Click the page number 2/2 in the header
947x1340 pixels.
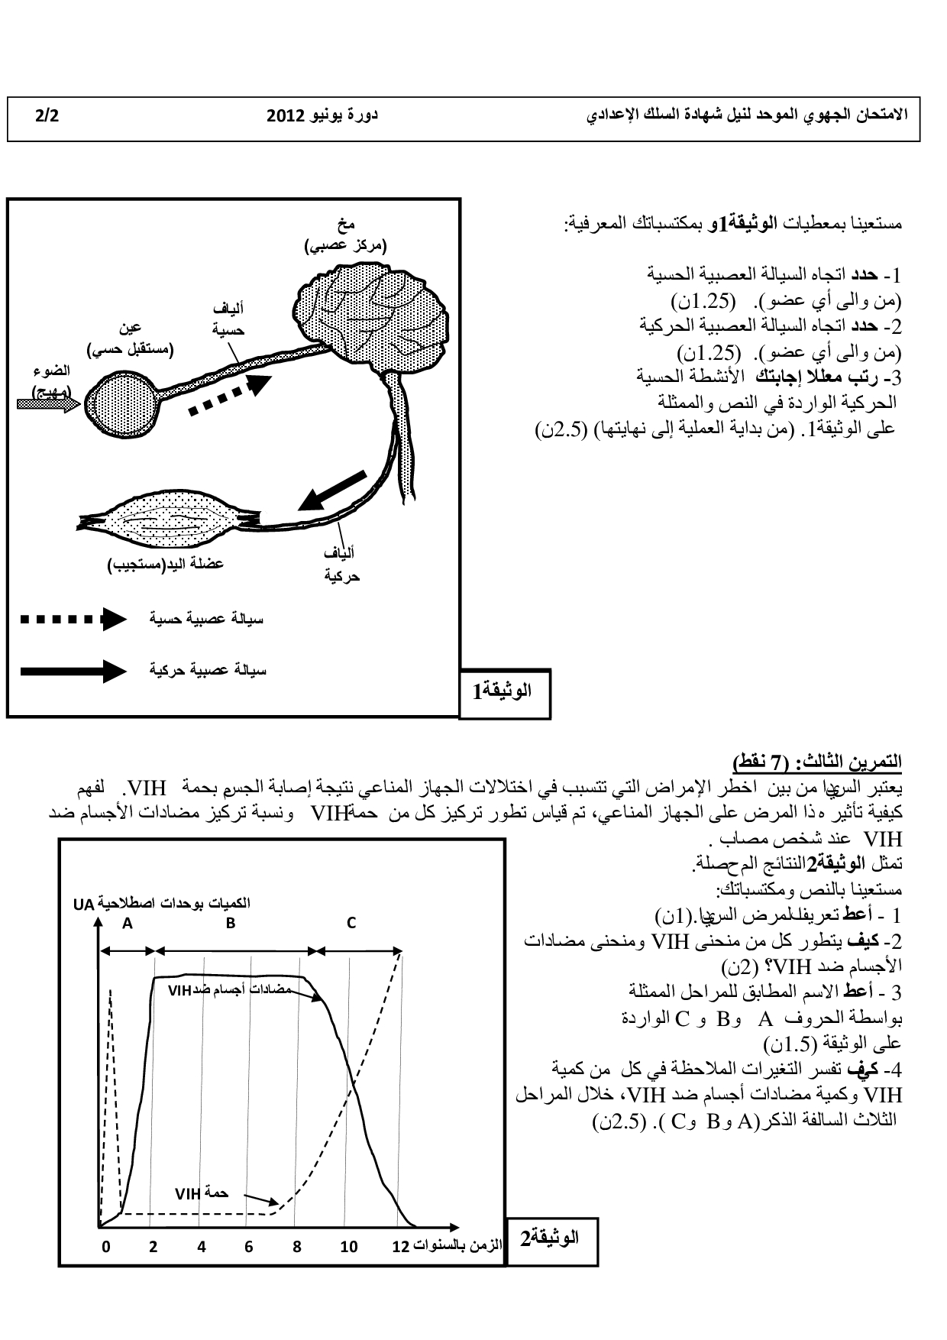(47, 116)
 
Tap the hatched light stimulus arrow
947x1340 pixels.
(47, 405)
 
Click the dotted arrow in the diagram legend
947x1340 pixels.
(73, 619)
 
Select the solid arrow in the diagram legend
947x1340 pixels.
(73, 671)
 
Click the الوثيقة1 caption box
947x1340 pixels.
(504, 693)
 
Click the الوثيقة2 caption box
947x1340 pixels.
(551, 1238)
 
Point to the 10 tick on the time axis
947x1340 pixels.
(349, 1248)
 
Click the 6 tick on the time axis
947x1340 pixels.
(249, 1248)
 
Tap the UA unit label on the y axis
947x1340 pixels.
(83, 904)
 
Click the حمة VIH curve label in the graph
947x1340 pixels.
(202, 1193)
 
